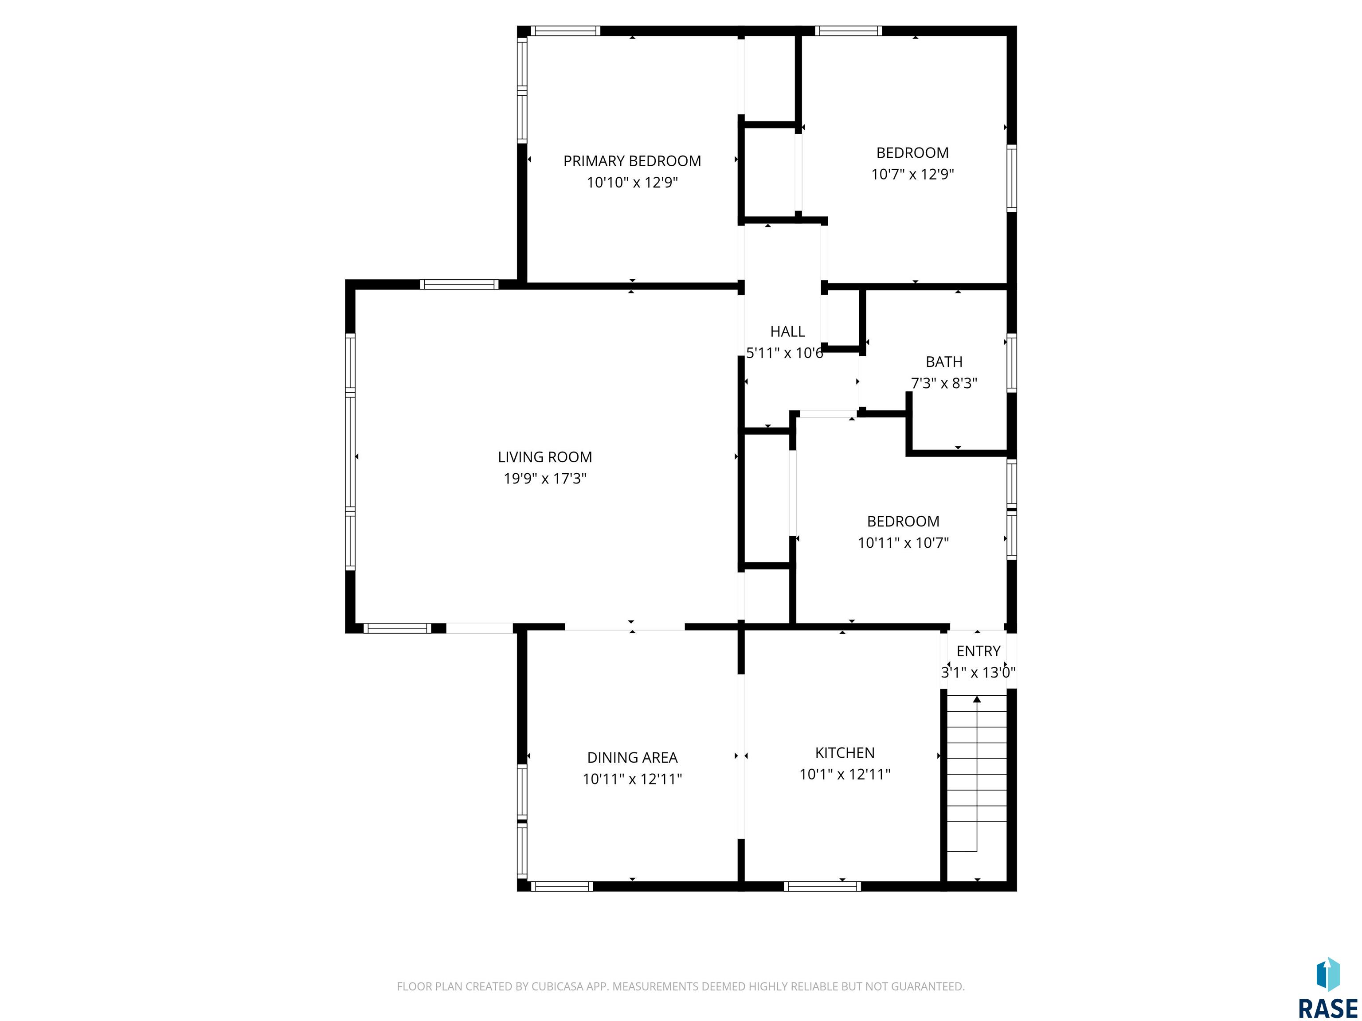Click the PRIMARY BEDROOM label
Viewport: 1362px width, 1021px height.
632,161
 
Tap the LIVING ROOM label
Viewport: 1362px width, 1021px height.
545,457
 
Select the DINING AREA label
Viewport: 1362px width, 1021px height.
632,758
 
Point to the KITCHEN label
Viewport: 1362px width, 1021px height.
845,752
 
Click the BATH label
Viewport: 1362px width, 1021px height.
944,362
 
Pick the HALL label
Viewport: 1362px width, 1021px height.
787,332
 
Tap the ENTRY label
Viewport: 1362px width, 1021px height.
978,651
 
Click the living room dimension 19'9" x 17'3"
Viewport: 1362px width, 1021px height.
545,479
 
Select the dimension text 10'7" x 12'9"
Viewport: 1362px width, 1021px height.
912,174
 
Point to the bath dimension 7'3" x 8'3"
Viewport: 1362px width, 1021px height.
944,383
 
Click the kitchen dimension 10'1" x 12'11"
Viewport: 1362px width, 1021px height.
845,774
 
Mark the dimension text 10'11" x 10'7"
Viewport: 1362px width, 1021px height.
903,543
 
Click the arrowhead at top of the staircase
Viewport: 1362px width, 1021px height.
977,699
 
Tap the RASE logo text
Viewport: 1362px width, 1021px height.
1327,1009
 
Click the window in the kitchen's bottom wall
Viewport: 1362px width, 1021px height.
822,887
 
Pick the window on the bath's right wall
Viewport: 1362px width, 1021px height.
1011,363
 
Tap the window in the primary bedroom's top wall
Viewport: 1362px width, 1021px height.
565,31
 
